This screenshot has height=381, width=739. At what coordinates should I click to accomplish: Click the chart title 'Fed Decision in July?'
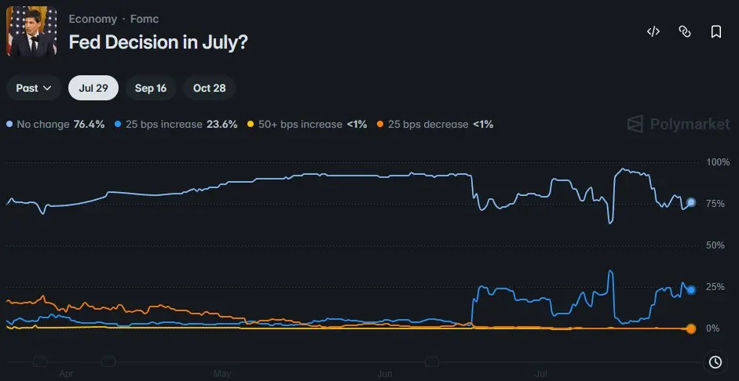(x=158, y=42)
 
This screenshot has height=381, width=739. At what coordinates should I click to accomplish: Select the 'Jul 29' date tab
(x=93, y=88)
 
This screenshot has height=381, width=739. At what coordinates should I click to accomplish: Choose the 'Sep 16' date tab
(x=151, y=88)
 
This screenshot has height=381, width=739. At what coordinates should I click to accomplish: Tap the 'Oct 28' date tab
(x=209, y=88)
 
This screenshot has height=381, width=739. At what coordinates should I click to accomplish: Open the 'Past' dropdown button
(x=34, y=88)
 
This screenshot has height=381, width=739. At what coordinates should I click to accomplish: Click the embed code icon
(x=653, y=31)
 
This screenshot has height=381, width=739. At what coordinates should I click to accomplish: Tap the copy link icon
(x=684, y=31)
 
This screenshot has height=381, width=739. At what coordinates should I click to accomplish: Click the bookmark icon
(x=716, y=31)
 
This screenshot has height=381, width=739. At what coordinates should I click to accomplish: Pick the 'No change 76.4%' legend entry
(x=56, y=125)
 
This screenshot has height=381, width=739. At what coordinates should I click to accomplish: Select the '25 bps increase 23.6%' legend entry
(x=176, y=125)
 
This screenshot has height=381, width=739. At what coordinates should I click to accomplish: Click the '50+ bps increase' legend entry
(x=307, y=125)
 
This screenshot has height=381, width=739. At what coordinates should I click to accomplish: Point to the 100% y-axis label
(x=718, y=162)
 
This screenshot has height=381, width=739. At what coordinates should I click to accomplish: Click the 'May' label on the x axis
(x=222, y=375)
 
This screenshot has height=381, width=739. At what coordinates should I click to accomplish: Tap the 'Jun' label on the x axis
(x=385, y=375)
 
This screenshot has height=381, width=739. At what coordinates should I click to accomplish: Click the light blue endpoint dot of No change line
(x=691, y=202)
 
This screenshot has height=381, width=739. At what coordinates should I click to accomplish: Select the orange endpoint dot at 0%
(x=691, y=328)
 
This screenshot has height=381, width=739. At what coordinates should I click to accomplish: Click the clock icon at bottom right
(x=715, y=362)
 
